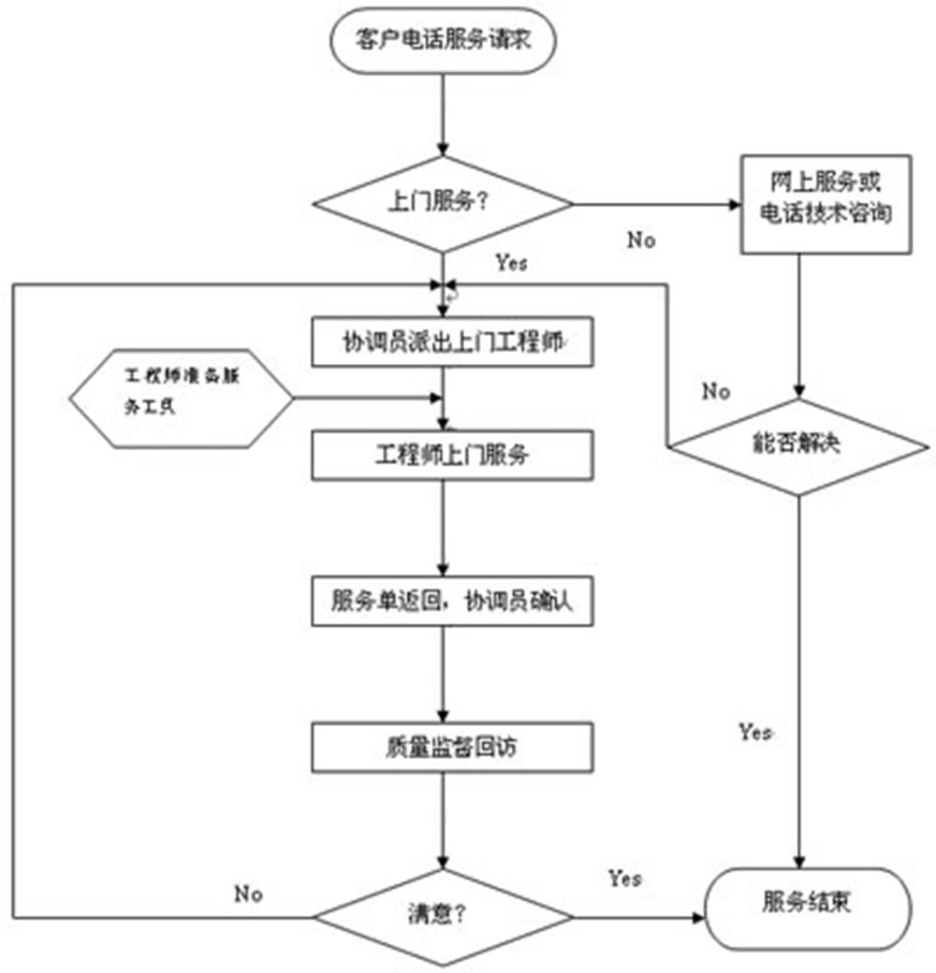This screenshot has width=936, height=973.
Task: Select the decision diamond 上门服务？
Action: point(442,203)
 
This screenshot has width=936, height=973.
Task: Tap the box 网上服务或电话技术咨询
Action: point(825,203)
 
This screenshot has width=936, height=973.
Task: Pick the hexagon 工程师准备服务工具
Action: point(182,399)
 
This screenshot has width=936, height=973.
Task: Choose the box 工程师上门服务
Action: point(451,456)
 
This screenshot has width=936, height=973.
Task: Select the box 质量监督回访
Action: point(451,748)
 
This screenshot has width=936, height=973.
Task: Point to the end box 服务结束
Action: point(807,907)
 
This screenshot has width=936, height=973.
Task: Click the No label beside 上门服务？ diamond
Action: point(641,240)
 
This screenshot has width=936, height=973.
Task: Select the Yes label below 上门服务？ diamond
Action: point(511,263)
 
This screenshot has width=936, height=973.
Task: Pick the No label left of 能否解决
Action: point(716,391)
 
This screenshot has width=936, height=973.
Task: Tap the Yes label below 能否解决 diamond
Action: point(755,731)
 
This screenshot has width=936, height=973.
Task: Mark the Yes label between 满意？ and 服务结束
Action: point(624,878)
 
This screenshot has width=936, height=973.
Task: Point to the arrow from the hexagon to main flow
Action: point(365,399)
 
